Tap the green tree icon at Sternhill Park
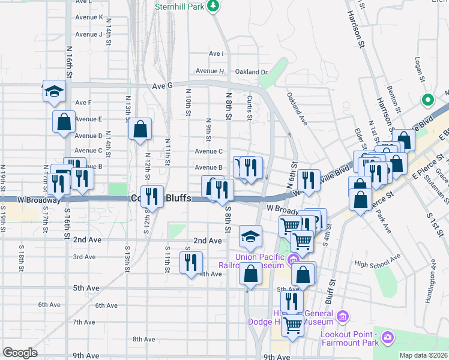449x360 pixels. click(x=212, y=5)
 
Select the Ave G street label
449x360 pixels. click(x=162, y=86)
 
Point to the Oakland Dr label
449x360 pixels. click(x=251, y=72)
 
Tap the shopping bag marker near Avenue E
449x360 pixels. click(x=64, y=122)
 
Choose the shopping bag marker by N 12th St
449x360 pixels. click(x=140, y=129)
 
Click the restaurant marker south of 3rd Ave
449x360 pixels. click(x=191, y=262)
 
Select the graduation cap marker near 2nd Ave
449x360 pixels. click(x=250, y=236)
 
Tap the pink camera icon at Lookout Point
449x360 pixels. click(x=388, y=337)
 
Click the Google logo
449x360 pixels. click(x=20, y=352)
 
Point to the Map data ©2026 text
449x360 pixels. click(x=424, y=355)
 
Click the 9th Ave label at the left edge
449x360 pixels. click(x=86, y=356)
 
